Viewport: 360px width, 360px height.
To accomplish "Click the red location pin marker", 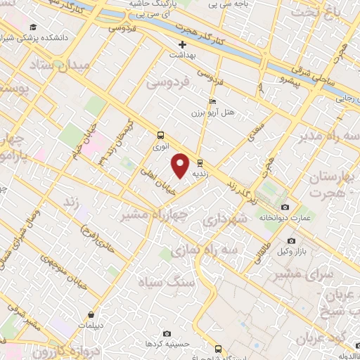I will pyautogui.click(x=181, y=165).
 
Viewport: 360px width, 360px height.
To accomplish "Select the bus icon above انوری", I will pyautogui.click(x=161, y=135).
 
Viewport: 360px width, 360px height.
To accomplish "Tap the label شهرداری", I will pyautogui.click(x=224, y=221).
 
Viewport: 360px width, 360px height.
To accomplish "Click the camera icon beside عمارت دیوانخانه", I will pyautogui.click(x=285, y=207).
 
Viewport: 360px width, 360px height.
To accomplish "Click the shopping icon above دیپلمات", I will pyautogui.click(x=91, y=314).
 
